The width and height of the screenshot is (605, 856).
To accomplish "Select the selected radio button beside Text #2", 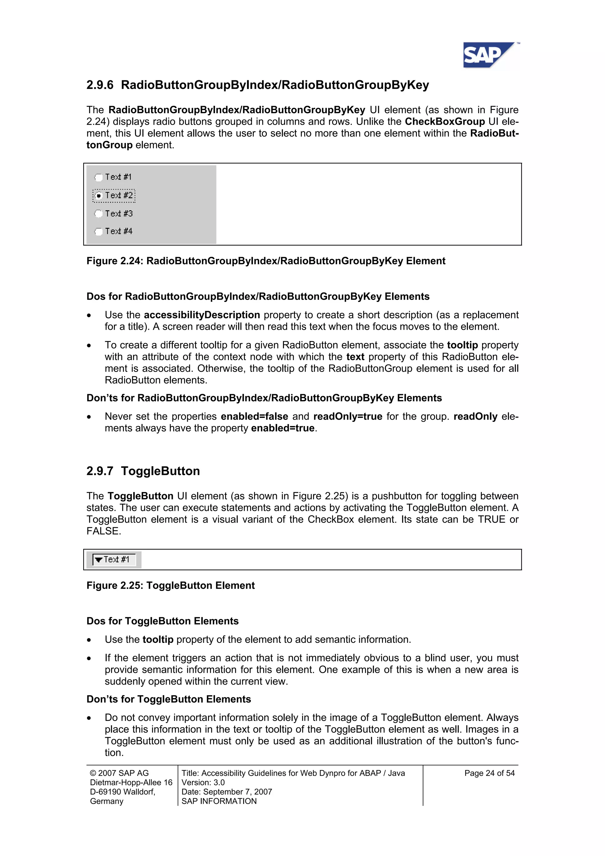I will tap(98, 196).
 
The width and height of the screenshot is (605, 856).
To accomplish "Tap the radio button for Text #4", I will tap(98, 232).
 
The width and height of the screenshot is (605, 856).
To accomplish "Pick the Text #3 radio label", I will tap(118, 214).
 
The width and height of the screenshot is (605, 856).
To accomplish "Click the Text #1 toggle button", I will tap(114, 560).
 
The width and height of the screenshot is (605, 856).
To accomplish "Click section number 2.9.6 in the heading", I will tap(100, 85).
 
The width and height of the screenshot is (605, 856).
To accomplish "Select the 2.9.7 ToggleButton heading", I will tap(143, 471).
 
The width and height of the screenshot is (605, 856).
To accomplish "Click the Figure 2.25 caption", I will tap(170, 585).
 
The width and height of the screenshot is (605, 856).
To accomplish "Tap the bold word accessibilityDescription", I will tap(202, 315).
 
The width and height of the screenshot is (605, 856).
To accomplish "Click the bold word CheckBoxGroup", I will tap(444, 121).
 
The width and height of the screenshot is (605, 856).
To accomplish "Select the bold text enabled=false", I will tap(254, 416).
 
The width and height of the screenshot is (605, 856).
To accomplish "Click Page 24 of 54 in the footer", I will tap(489, 773).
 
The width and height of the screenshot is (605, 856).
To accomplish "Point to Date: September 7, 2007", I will tap(227, 792).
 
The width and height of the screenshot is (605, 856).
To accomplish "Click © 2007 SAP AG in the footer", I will tap(119, 773).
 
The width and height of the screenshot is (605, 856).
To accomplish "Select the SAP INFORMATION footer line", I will tap(219, 801).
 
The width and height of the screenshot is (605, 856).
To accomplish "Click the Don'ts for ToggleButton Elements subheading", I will tap(168, 699).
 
